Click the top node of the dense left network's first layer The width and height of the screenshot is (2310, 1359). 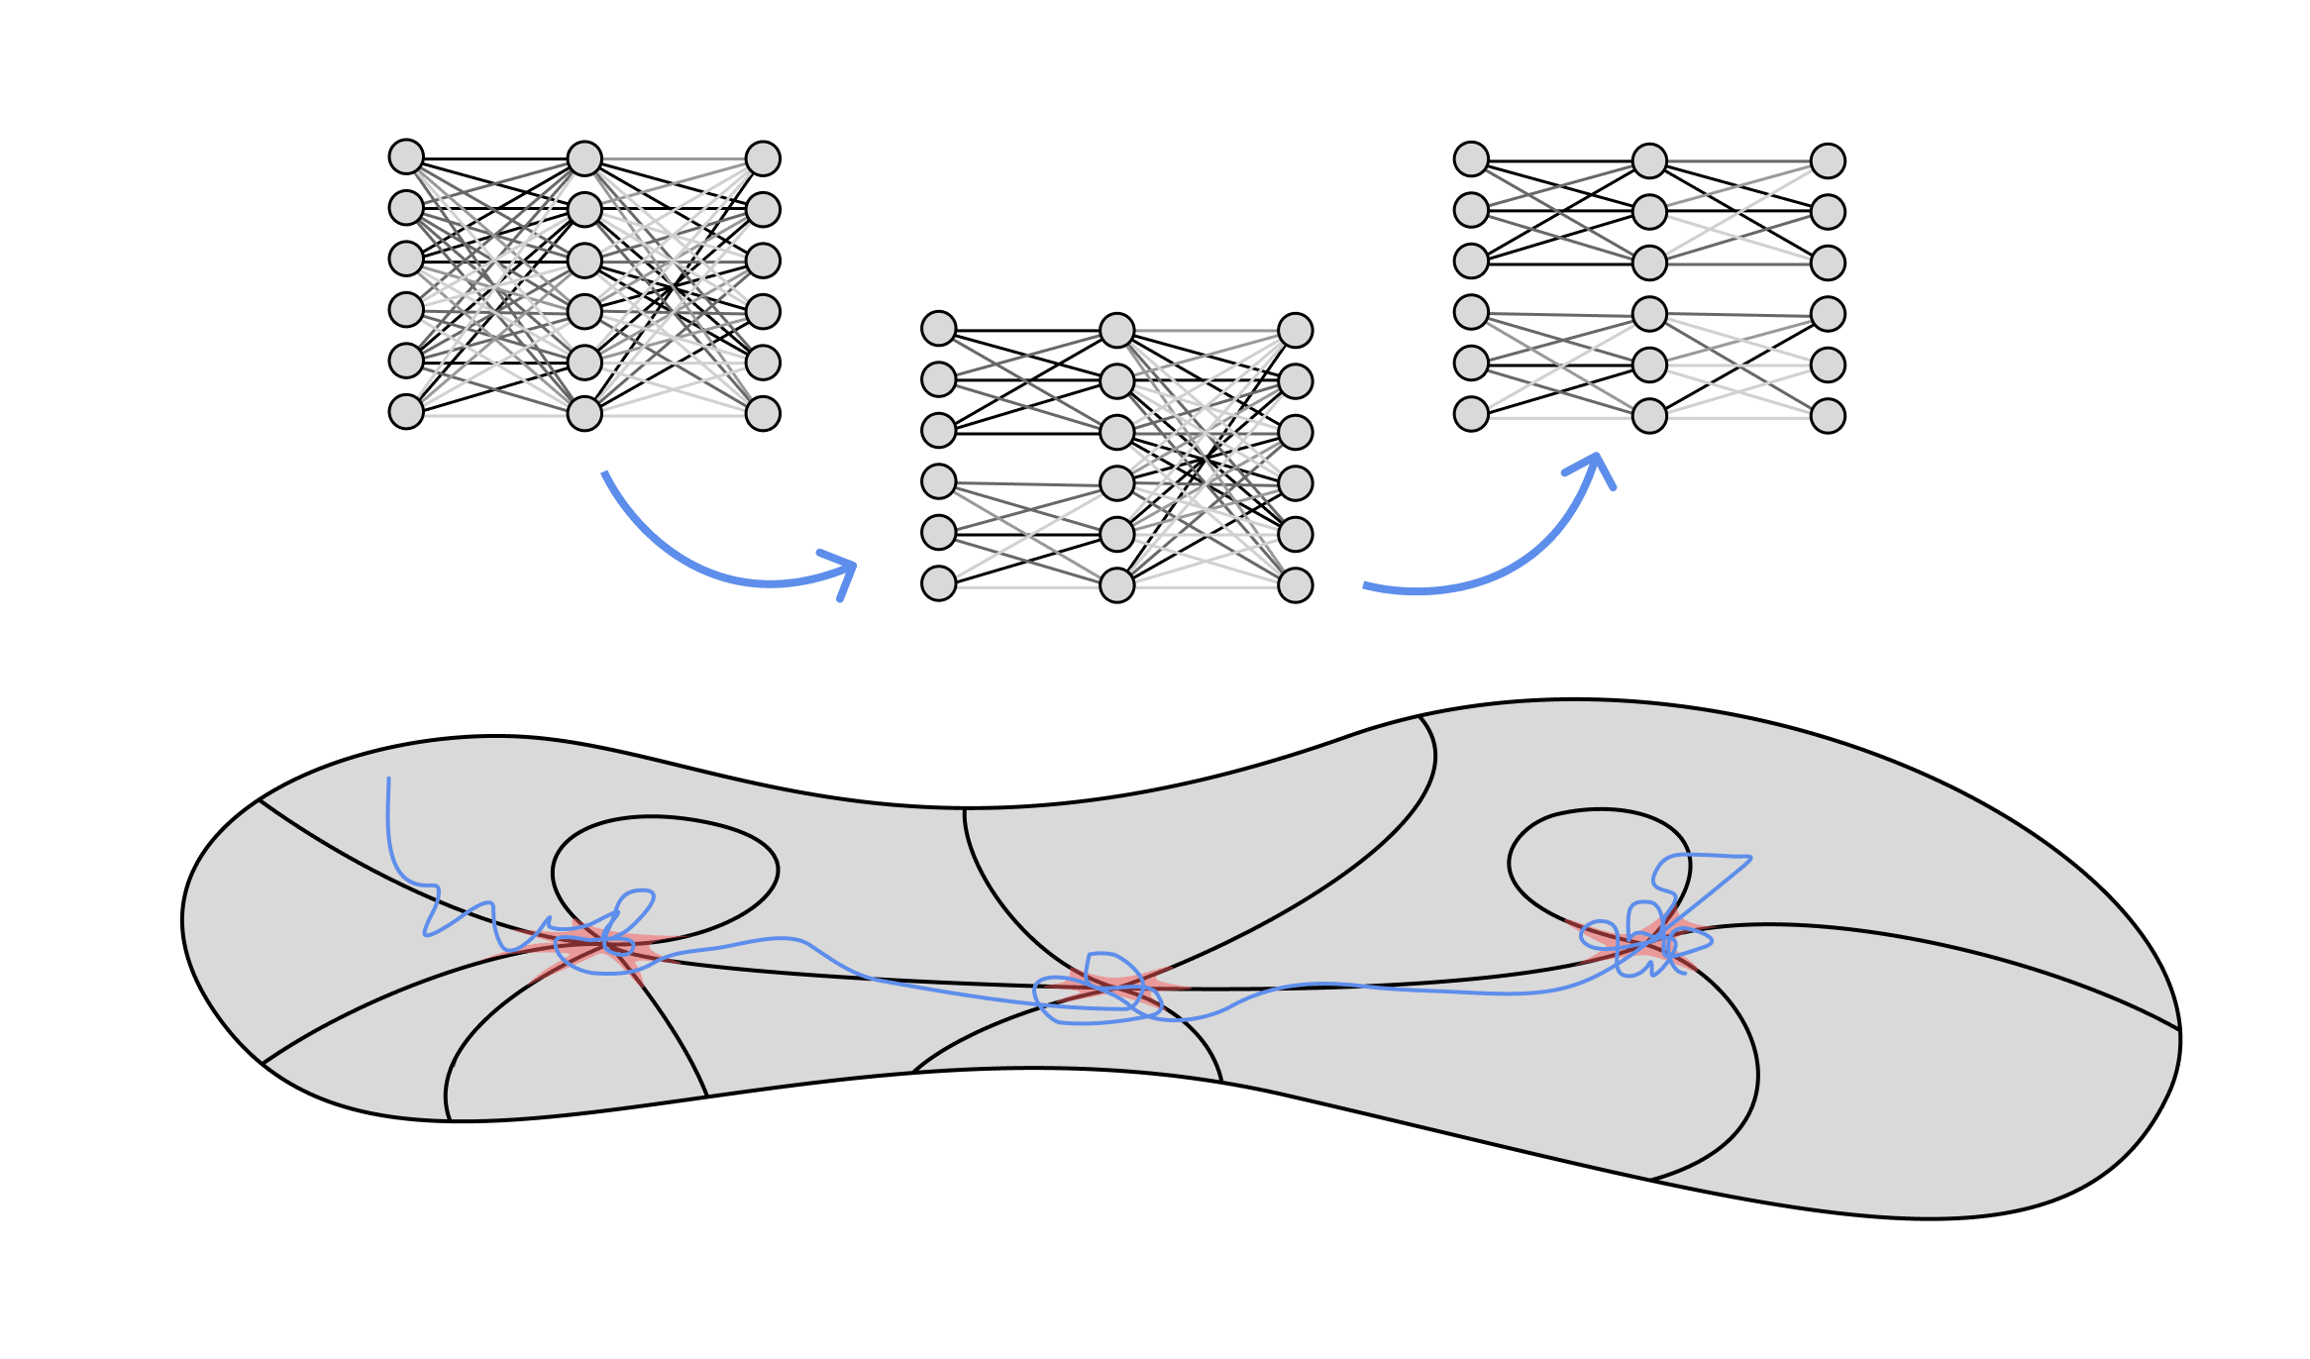coord(406,157)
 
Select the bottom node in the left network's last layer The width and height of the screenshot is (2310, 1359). coord(763,413)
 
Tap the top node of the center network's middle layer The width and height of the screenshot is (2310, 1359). coord(1116,330)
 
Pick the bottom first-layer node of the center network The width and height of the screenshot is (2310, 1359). coord(938,583)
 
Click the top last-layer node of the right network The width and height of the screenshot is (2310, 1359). coord(1828,160)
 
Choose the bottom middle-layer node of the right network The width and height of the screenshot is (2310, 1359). coord(1649,416)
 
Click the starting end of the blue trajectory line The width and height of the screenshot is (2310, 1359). coord(388,780)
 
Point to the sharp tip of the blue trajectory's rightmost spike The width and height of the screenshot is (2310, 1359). coord(1750,858)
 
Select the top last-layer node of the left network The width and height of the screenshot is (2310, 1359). coord(763,158)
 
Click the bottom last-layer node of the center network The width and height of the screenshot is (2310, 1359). coord(1295,584)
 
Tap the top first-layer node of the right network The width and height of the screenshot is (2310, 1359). coord(1471,158)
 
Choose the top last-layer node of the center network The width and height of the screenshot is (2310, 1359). coord(1295,330)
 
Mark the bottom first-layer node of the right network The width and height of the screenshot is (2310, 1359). coord(1471,414)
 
